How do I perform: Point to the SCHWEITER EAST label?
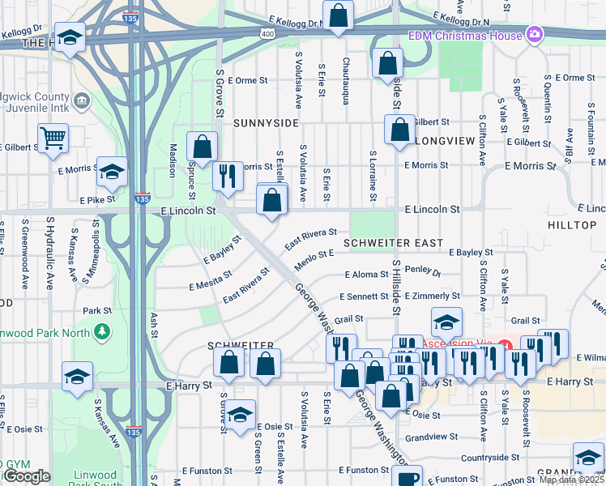tap(393, 243)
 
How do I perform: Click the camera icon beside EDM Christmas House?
tap(534, 34)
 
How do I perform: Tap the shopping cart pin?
tap(53, 138)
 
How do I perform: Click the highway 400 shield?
tap(267, 33)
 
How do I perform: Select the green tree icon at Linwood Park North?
tap(102, 331)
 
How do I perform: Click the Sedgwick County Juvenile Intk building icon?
tap(82, 100)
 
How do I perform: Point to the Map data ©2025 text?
tap(571, 480)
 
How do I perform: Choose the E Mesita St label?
tap(210, 281)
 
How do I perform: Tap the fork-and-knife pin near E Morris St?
tap(228, 174)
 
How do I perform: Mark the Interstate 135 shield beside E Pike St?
tap(142, 198)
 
